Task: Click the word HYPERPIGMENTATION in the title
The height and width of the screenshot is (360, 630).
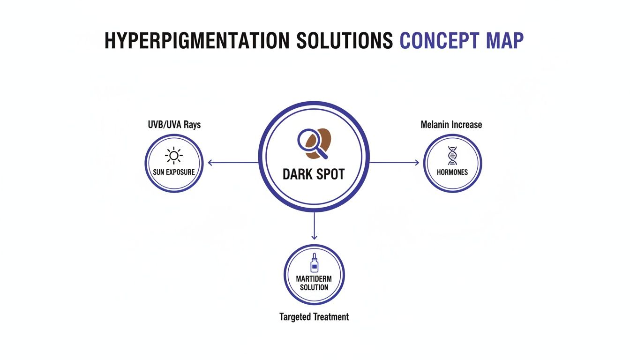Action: click(197, 41)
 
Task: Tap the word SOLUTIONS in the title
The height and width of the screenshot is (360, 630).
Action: click(345, 41)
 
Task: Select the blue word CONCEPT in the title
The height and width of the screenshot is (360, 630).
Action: click(439, 41)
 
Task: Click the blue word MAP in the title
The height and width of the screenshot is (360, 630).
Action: click(505, 41)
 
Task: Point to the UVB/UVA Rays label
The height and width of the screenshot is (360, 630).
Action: click(174, 125)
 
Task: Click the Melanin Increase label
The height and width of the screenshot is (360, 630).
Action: click(451, 125)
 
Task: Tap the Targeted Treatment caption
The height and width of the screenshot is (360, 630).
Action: click(314, 317)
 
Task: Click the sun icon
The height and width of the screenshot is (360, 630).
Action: click(174, 156)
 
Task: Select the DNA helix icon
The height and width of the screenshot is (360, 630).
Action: click(452, 156)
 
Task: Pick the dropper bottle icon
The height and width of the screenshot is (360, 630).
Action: click(315, 262)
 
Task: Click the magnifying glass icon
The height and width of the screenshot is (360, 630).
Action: click(312, 143)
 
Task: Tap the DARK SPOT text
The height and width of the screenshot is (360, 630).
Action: click(314, 174)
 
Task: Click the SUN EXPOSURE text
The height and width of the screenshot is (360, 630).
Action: click(174, 172)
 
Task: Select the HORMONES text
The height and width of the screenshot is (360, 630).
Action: click(452, 172)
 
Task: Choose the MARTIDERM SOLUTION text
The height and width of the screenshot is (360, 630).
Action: click(314, 283)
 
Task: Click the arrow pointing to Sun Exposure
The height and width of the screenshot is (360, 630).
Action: click(233, 163)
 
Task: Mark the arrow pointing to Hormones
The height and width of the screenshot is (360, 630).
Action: click(394, 163)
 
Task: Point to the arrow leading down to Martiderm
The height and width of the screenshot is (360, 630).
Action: click(314, 225)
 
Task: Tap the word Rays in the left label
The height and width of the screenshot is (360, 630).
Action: click(192, 125)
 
